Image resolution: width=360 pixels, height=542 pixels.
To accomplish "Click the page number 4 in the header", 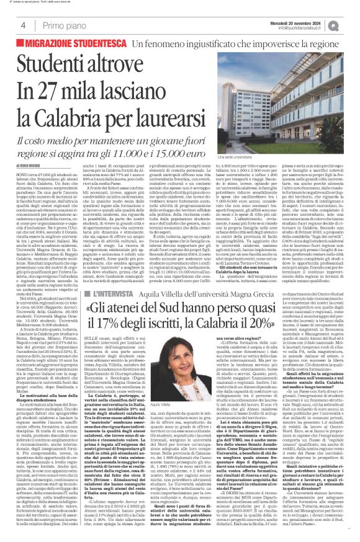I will (23, 25).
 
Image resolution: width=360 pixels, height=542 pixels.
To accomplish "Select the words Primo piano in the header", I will (60, 25).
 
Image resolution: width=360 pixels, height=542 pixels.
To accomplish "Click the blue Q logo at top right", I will (351, 24).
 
